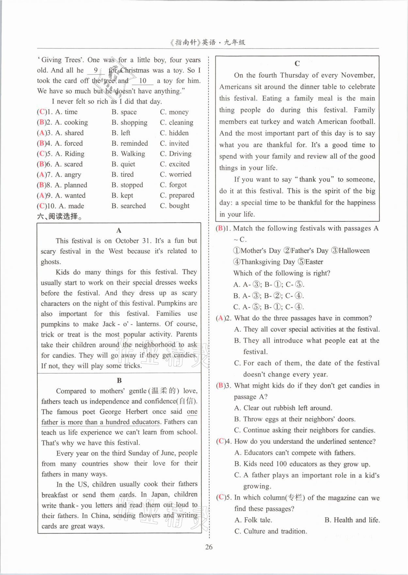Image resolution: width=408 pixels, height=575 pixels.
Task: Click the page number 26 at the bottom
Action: coord(209,547)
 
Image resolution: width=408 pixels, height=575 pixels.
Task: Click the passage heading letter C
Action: coord(297,63)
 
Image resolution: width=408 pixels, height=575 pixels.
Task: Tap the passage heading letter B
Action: coord(119,380)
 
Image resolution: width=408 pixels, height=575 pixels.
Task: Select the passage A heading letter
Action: coord(119,231)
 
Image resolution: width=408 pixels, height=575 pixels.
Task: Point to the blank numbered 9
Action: coord(96,70)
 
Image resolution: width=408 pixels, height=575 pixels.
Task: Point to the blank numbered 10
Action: coord(143,81)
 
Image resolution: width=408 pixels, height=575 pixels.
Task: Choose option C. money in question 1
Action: coord(174,112)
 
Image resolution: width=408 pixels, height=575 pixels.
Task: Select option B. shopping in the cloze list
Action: coord(130,122)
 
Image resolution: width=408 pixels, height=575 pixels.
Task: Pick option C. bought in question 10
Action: coord(175,206)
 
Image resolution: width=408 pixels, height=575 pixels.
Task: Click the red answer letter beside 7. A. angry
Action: coord(42,175)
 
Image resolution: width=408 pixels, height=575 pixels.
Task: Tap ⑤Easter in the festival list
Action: coord(310,262)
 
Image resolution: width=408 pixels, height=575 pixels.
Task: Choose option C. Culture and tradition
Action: coord(271,531)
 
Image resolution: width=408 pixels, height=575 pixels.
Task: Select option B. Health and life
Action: coord(352,520)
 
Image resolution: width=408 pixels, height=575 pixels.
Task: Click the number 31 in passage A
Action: coord(146,241)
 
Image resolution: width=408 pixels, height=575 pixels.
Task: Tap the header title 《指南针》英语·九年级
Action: coord(208,42)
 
